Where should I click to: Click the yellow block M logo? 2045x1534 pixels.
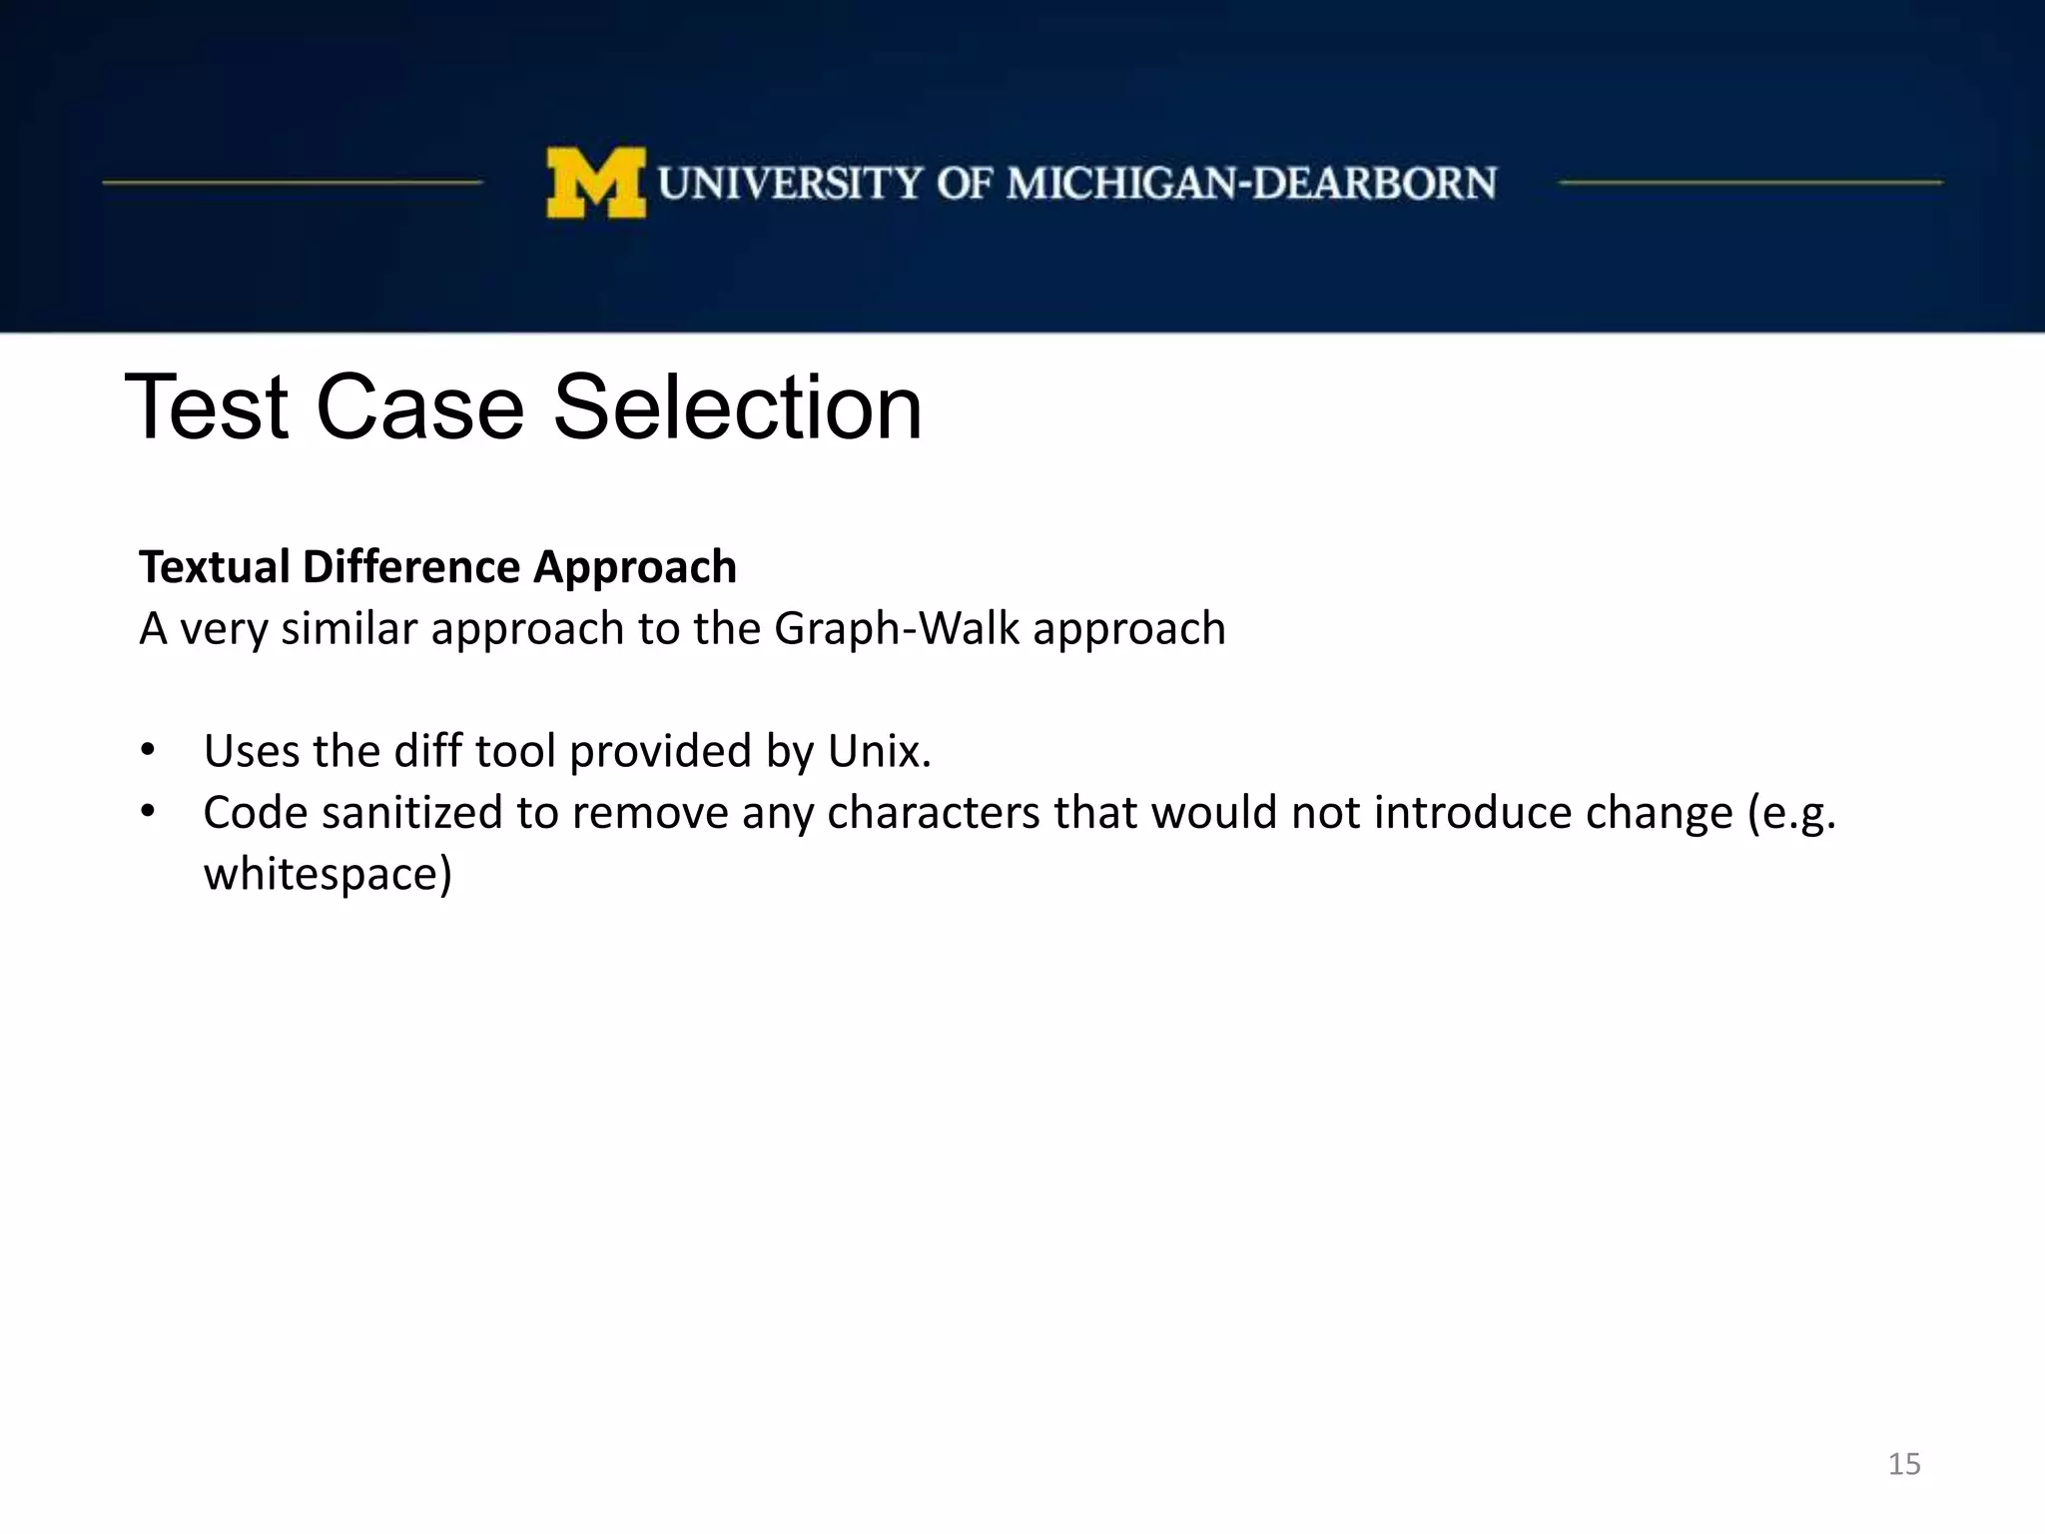[x=595, y=183]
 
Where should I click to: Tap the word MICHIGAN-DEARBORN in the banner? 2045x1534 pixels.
[x=1251, y=184]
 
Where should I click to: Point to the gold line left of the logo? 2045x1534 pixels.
[x=292, y=183]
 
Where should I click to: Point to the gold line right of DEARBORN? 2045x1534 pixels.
[x=1750, y=183]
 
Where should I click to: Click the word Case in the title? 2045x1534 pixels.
[x=420, y=407]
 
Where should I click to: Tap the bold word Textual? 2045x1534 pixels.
[x=214, y=567]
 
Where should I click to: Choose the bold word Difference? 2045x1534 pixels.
[x=411, y=567]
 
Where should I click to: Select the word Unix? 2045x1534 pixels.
[x=879, y=751]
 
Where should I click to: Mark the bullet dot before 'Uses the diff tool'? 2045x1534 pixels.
[x=148, y=750]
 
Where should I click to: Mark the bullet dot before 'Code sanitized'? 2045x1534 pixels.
[x=148, y=812]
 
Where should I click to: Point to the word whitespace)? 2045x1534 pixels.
[x=328, y=875]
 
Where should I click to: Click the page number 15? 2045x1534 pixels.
[x=1903, y=1464]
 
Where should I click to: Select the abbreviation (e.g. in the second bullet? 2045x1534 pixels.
[x=1790, y=813]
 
